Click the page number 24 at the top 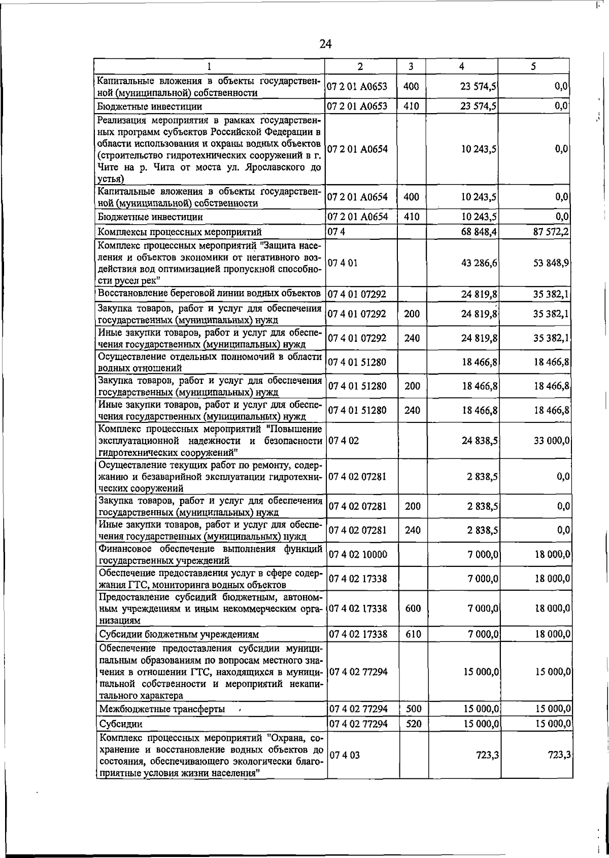coord(325,44)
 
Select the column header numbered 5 coord(533,66)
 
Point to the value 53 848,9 coord(551,263)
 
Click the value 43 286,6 coord(479,263)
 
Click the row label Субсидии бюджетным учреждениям coord(179,634)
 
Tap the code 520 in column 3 coord(414,724)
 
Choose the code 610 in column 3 coord(414,634)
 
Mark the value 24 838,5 coord(479,441)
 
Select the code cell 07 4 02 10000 coord(358,554)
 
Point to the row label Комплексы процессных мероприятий coord(180,232)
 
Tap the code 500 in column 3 coord(414,709)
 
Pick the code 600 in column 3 coord(414,608)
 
